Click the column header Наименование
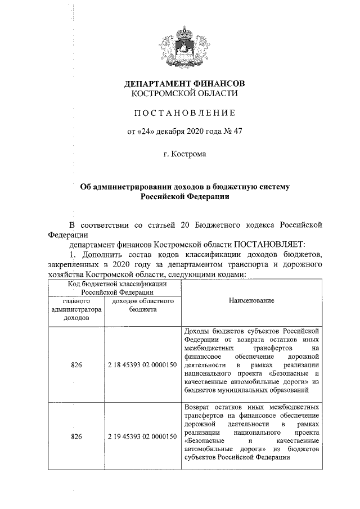pos(251,301)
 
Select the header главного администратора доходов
pos(76,309)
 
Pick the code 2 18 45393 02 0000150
pos(142,365)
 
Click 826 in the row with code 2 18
pos(76,365)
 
